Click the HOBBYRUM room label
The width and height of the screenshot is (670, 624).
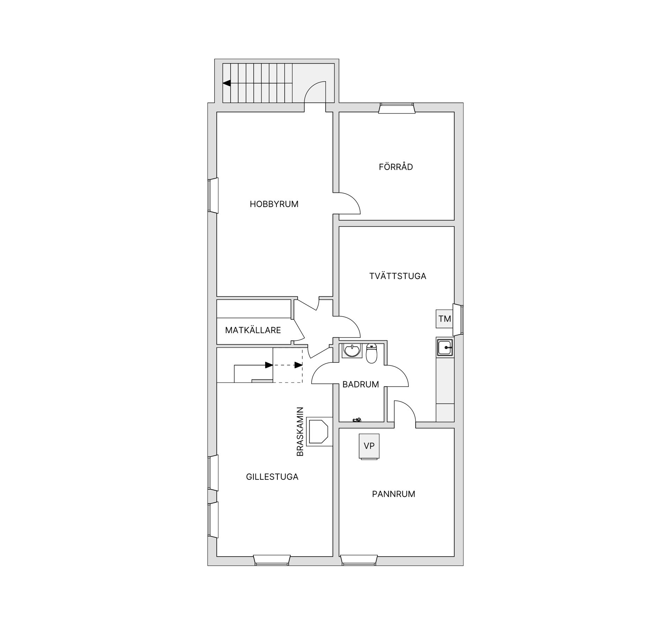tap(274, 204)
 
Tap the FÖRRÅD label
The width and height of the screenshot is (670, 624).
tap(396, 167)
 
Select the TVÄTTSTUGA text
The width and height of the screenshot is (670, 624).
tap(398, 276)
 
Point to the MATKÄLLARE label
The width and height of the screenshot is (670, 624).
tap(253, 330)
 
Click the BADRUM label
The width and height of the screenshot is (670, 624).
tap(360, 384)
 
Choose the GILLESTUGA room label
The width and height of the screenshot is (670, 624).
tap(272, 477)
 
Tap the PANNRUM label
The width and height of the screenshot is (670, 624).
tap(394, 494)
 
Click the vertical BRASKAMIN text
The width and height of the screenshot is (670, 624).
tap(300, 432)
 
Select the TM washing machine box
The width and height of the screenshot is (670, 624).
tap(445, 319)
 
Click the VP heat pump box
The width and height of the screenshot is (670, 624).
tap(369, 446)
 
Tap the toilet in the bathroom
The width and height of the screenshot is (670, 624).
tap(372, 353)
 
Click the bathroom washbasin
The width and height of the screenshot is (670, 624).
tap(352, 350)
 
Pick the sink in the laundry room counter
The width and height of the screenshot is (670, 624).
tap(445, 347)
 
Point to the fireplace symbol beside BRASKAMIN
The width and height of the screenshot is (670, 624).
tap(319, 432)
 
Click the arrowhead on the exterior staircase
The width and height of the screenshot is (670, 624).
tap(227, 83)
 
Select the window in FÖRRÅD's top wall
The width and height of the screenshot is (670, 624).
tap(397, 108)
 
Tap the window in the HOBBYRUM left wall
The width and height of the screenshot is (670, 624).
tap(213, 195)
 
